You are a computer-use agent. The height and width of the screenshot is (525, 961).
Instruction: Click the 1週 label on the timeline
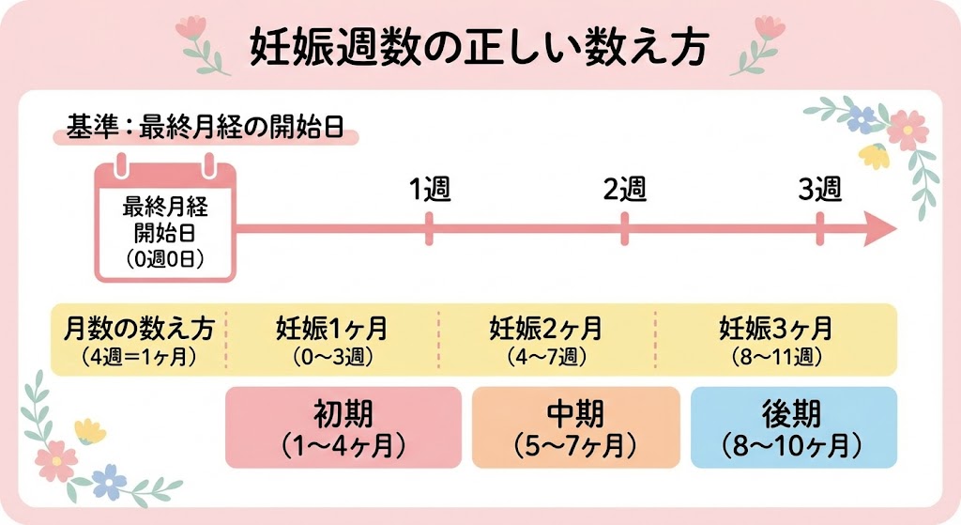tap(430, 189)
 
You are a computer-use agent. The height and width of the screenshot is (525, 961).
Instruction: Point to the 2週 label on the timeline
tap(625, 189)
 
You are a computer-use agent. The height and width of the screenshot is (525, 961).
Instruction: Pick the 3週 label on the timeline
tap(820, 189)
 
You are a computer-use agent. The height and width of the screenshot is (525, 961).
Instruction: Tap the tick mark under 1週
tap(430, 228)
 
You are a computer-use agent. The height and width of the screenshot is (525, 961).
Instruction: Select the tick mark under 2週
tap(625, 228)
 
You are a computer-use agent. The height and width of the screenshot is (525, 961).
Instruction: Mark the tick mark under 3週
tap(820, 228)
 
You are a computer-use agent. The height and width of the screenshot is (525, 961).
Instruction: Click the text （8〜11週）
tap(775, 357)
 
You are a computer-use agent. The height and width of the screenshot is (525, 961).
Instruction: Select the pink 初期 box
tap(343, 427)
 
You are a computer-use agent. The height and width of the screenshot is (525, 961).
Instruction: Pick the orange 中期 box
tap(575, 427)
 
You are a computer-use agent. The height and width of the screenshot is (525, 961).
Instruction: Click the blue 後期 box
tap(794, 427)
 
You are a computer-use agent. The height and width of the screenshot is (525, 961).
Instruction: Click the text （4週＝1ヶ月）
tap(140, 357)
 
